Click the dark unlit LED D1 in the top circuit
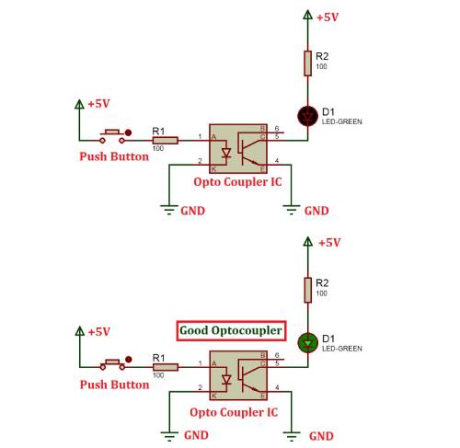click(x=307, y=116)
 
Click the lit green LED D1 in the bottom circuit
click(x=308, y=342)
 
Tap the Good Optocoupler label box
click(x=231, y=330)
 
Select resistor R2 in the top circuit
click(x=307, y=63)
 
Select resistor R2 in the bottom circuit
click(x=308, y=290)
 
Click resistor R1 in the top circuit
click(x=166, y=141)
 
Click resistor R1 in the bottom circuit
click(x=166, y=367)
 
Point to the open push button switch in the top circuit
click(x=112, y=137)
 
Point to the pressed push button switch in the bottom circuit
click(x=112, y=364)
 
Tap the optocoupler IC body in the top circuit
click(x=238, y=149)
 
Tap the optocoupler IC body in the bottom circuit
click(x=238, y=375)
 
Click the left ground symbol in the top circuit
click(x=169, y=210)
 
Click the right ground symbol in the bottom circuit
click(x=292, y=436)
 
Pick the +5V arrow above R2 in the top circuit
click(x=307, y=15)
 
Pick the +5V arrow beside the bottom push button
click(x=80, y=331)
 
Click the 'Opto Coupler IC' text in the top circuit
click(x=237, y=181)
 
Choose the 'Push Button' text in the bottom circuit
click(x=114, y=385)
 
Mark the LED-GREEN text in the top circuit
click(x=341, y=121)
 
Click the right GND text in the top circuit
click(x=316, y=211)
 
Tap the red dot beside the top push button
click(x=128, y=132)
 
